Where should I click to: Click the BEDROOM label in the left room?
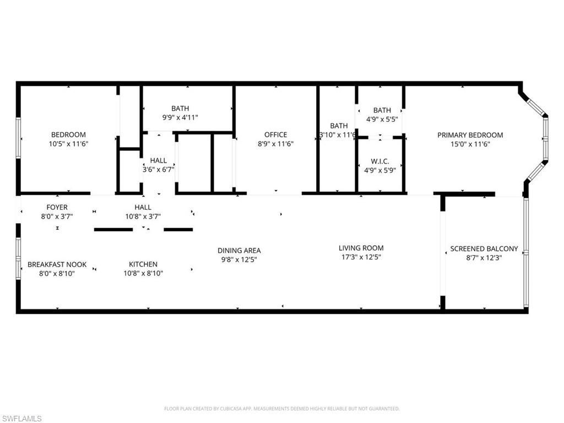pos(68,135)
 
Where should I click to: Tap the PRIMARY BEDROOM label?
pos(470,135)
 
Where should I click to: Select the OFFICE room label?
pos(275,135)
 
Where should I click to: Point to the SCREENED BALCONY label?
pos(484,249)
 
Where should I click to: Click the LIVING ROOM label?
pos(361,248)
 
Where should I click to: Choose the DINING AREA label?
pos(238,251)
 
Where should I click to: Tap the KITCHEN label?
pos(143,264)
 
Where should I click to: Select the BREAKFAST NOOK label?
pos(57,264)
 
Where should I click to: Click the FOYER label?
pos(57,208)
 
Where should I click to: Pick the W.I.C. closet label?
pos(380,161)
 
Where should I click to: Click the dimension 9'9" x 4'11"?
pos(180,117)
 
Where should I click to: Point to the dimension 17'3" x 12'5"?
pos(361,257)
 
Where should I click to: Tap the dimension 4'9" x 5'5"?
pos(382,119)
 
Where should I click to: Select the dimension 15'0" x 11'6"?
pos(470,144)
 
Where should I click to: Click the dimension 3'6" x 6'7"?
pos(159,170)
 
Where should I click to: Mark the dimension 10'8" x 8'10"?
pos(143,273)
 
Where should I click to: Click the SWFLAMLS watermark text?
pos(21,419)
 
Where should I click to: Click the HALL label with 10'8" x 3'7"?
pos(143,208)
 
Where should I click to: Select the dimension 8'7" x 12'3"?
pos(484,258)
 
